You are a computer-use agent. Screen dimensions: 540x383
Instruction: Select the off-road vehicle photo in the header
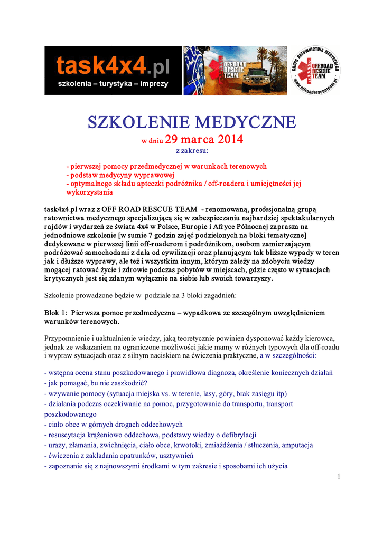(236, 70)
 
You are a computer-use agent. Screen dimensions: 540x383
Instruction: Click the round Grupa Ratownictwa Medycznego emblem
(315, 71)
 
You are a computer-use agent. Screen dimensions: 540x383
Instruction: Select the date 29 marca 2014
(204, 140)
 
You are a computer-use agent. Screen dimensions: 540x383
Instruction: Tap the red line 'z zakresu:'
(192, 151)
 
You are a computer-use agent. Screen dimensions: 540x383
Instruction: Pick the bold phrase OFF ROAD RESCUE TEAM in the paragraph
(149, 210)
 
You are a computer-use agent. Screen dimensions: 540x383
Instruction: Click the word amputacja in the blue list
(295, 445)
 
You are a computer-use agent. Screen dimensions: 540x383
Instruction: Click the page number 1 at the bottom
(338, 477)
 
